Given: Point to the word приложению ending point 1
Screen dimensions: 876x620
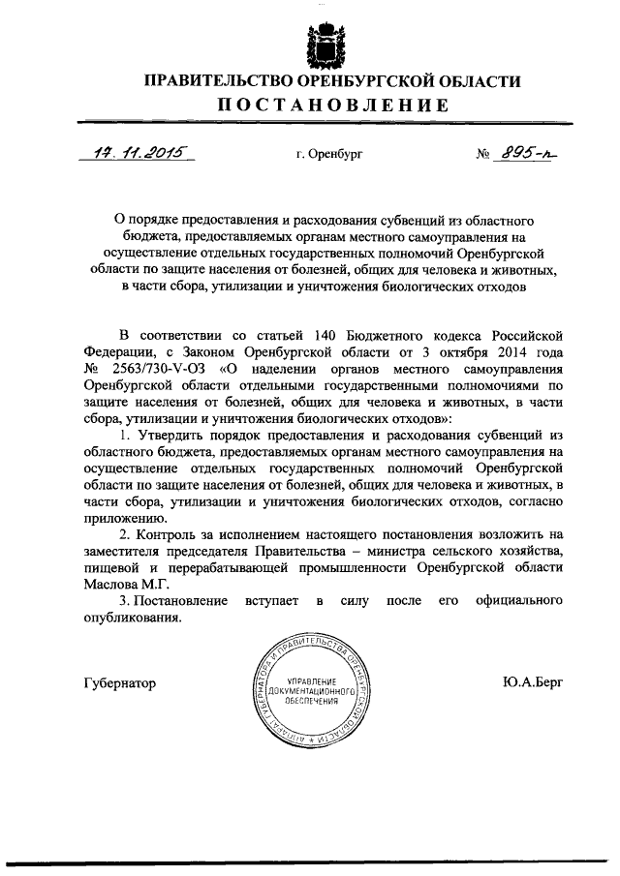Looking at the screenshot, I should (121, 517).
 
